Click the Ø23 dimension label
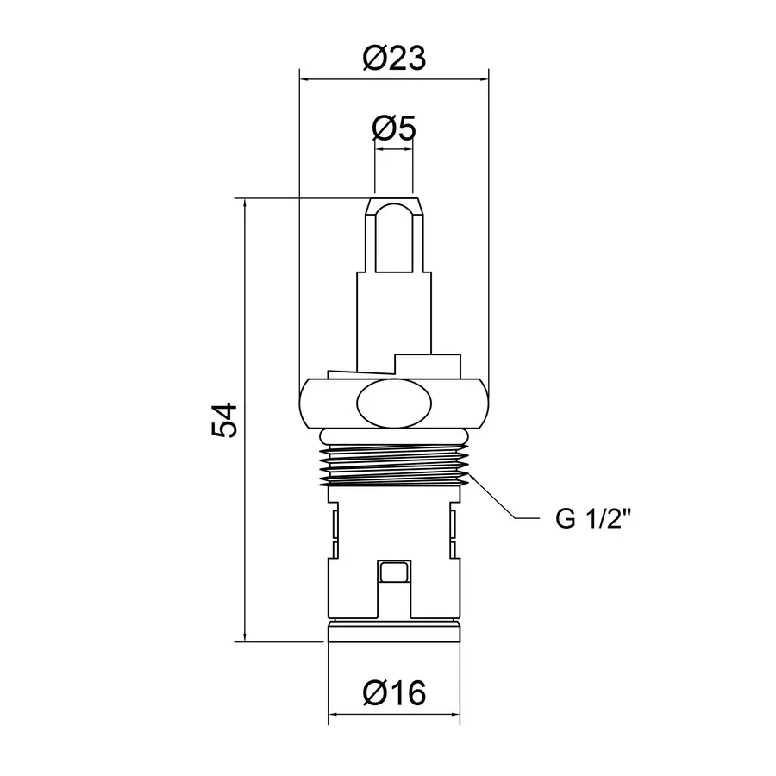(x=394, y=59)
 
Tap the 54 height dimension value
(x=223, y=420)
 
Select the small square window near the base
(x=394, y=571)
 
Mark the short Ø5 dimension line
(x=394, y=149)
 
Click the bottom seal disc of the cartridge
(x=394, y=631)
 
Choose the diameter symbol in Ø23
(x=375, y=59)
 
